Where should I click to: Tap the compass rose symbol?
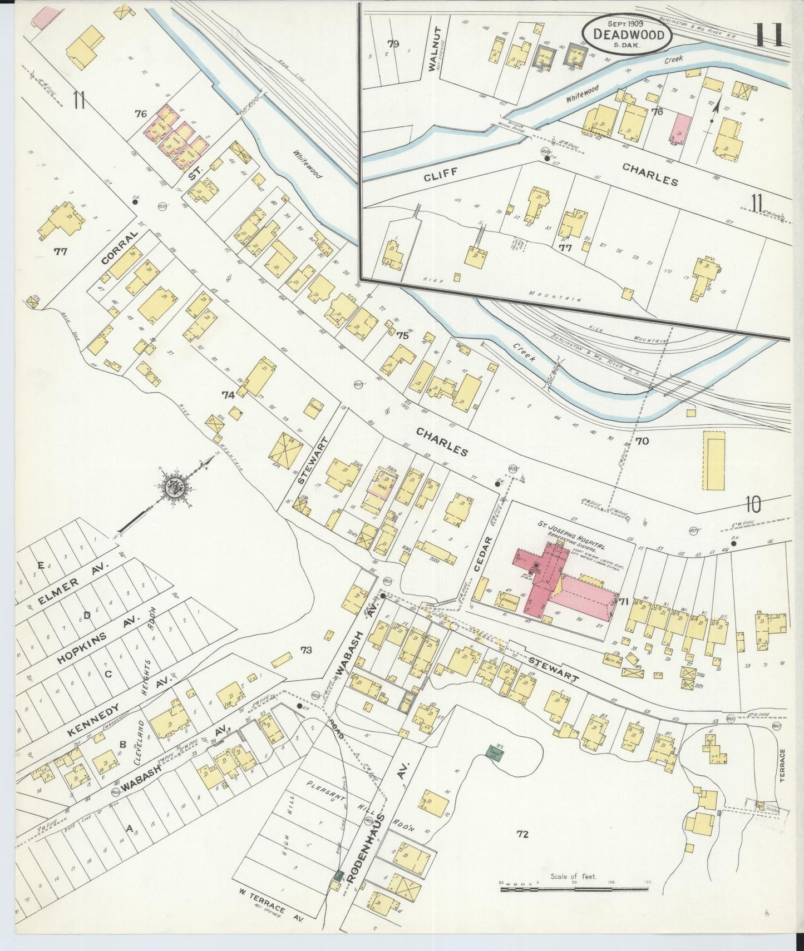point(177,488)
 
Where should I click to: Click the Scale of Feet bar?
point(574,889)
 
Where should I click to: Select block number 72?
point(522,834)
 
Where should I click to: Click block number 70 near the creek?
point(642,441)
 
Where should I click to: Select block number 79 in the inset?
point(394,44)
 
